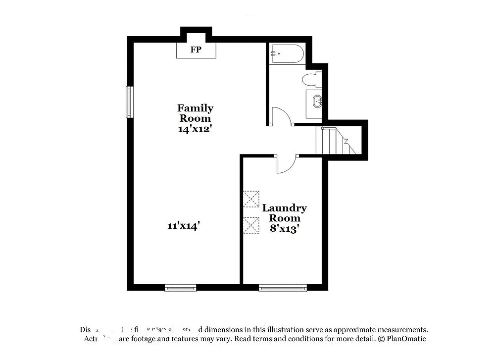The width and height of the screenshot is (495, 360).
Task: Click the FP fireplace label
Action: pos(196,50)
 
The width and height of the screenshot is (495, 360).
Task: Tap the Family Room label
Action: pos(195,113)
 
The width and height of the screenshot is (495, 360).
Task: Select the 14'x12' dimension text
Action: pos(195,129)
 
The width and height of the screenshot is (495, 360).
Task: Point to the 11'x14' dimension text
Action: pos(184,226)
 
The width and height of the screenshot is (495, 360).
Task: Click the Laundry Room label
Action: pos(284,213)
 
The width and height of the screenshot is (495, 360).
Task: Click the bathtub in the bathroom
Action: pos(287,53)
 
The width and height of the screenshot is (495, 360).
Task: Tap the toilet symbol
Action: pos(312,79)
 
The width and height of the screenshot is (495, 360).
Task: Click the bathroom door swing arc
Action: pos(282,116)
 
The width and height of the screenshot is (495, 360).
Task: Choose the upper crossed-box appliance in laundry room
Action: pos(251,199)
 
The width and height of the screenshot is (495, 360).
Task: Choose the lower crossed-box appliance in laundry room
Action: pos(251,224)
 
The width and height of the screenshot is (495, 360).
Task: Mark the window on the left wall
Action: pos(129,102)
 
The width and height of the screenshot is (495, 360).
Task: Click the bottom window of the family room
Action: pos(180,288)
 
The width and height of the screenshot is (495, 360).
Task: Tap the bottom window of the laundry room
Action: pos(283,288)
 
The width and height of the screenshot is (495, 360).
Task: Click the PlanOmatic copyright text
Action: pos(401,339)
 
